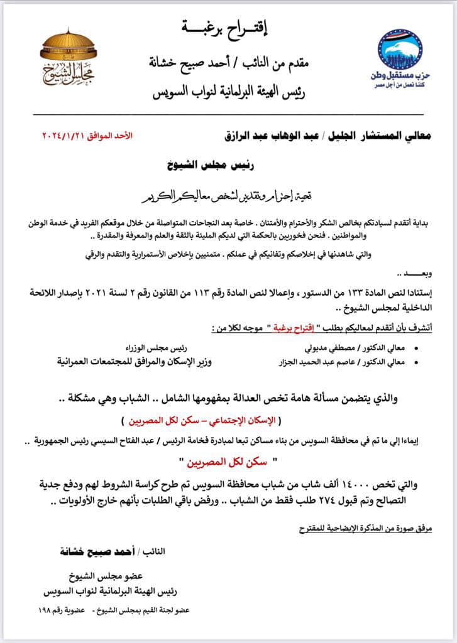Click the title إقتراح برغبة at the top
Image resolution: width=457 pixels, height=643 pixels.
pyautogui.click(x=227, y=27)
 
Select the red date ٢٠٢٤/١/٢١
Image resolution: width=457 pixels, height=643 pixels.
pyautogui.click(x=64, y=135)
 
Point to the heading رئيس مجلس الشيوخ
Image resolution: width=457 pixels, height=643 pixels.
pyautogui.click(x=207, y=165)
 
